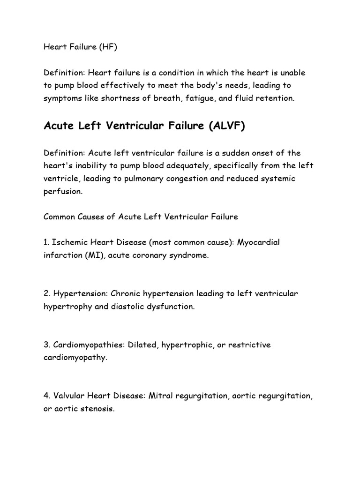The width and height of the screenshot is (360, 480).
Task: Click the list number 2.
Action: click(46, 293)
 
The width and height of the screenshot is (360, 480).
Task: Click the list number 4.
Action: click(46, 396)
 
